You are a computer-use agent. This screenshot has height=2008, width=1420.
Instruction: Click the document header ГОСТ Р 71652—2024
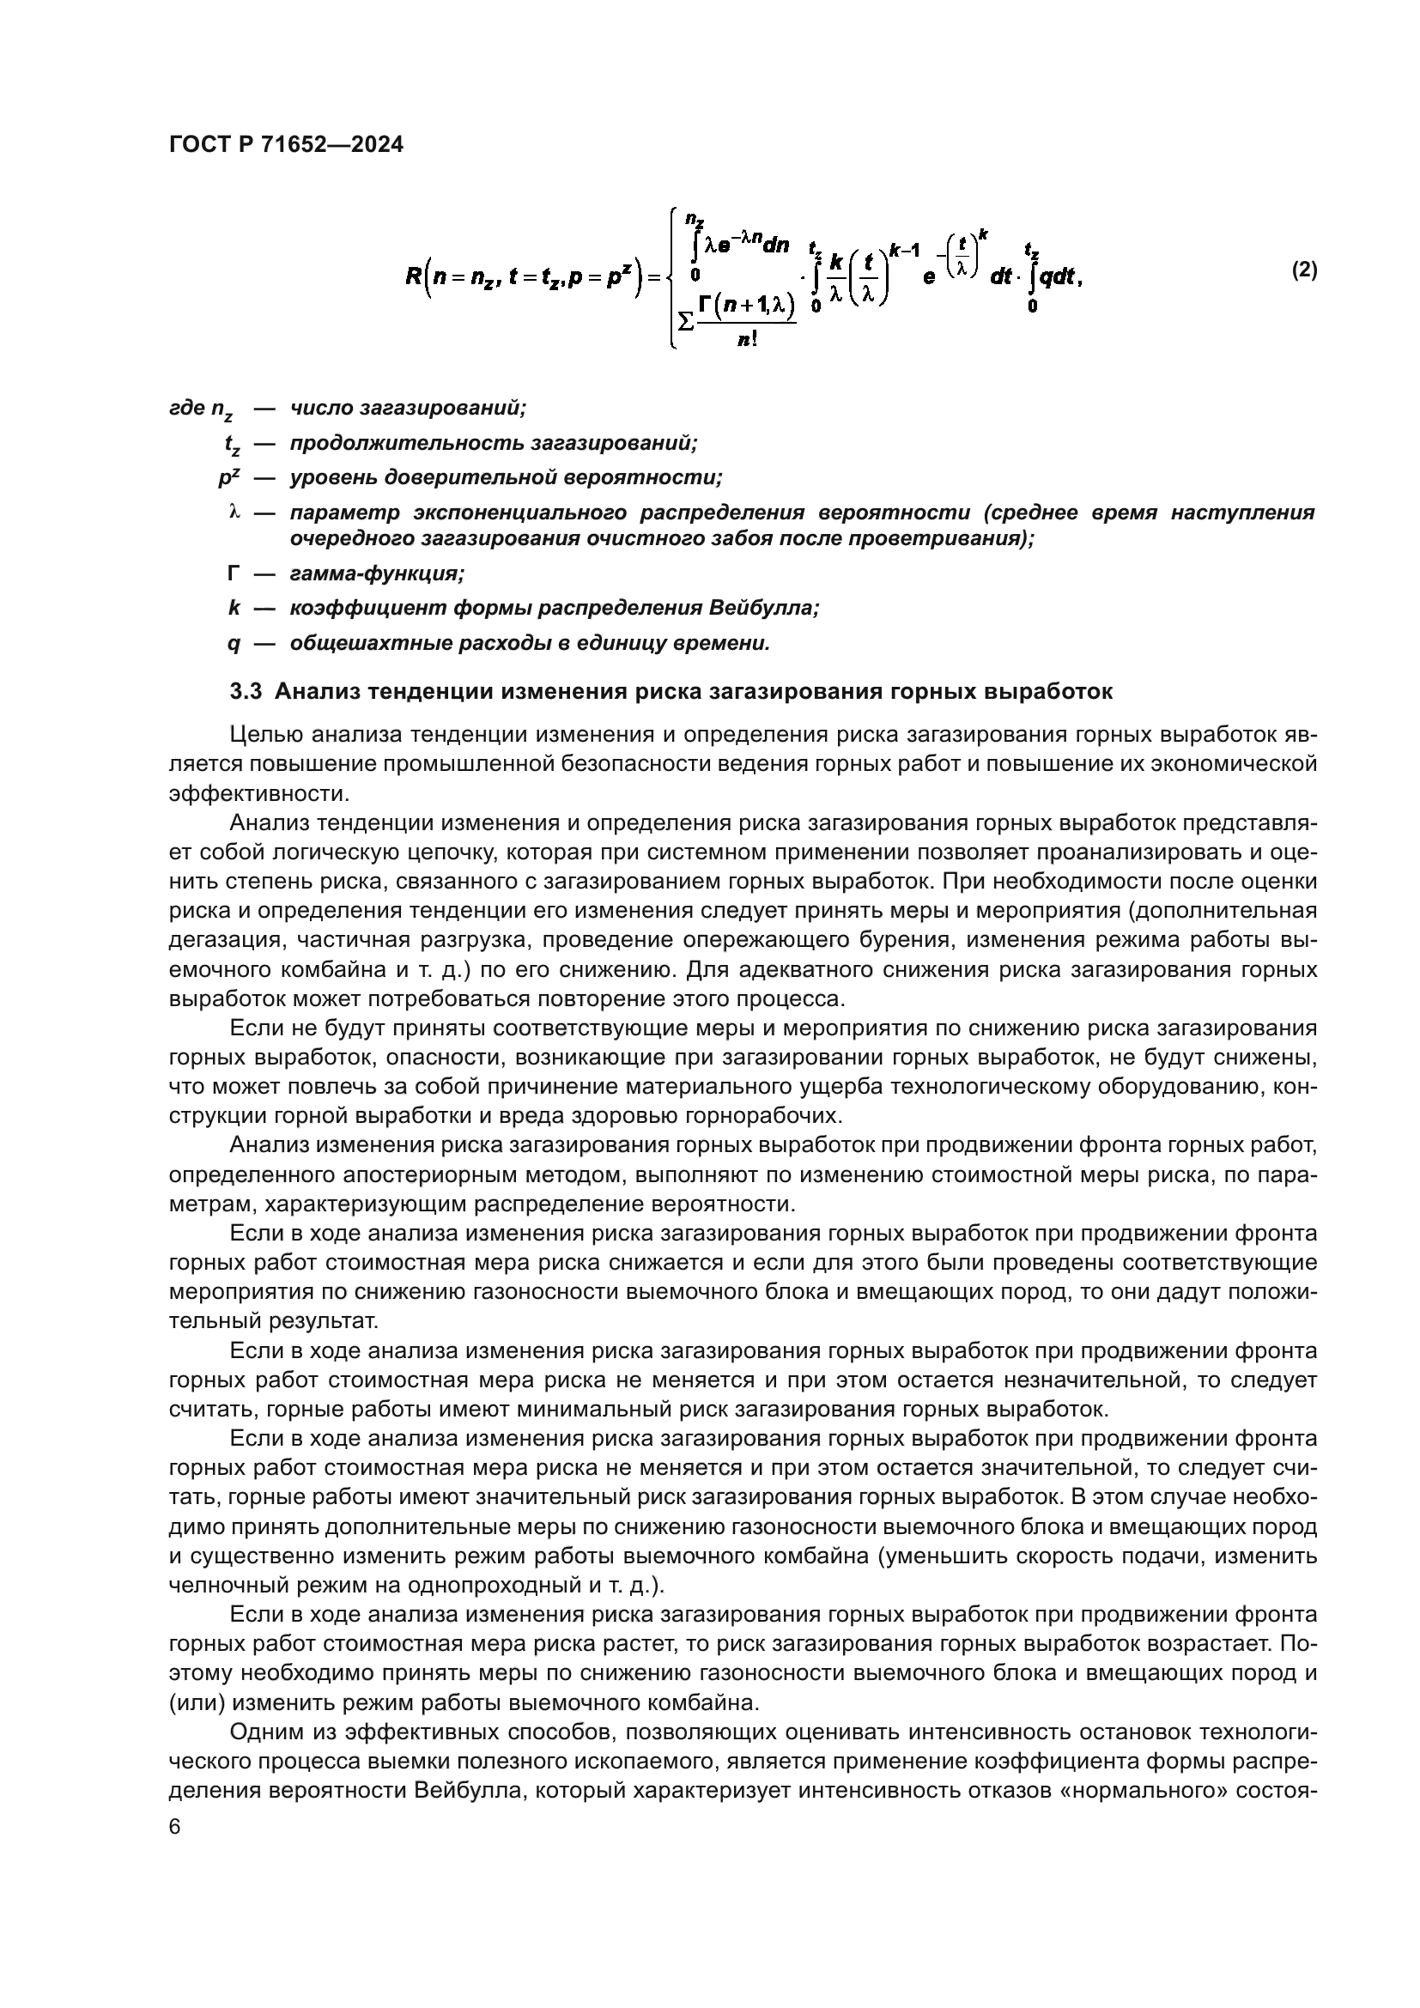(286, 145)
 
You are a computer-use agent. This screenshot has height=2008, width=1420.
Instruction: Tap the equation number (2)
(1304, 270)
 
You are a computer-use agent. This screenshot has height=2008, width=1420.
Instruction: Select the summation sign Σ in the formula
(687, 321)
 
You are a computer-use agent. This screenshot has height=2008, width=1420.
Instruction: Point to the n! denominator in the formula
(746, 341)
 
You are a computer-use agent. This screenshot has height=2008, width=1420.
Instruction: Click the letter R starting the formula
(414, 277)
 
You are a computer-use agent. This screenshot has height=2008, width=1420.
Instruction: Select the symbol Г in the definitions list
(233, 573)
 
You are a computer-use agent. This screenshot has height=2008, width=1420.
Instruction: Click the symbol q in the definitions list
(233, 644)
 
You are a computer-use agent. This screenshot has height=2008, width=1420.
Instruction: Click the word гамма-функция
(377, 573)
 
